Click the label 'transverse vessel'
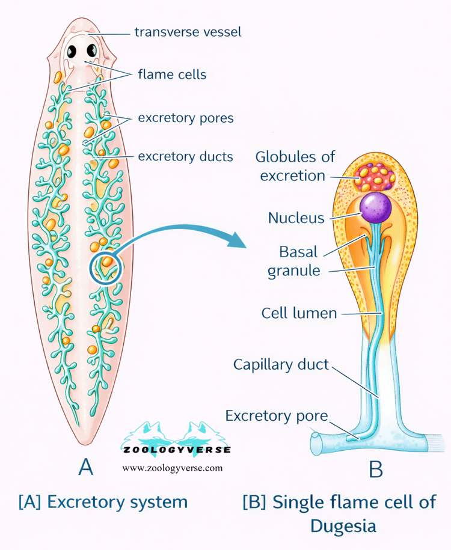click(x=188, y=31)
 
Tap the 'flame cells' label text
click(x=172, y=75)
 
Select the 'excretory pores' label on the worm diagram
click(x=186, y=118)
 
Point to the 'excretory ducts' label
click(x=186, y=157)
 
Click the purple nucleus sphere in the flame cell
click(x=375, y=208)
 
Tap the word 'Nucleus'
click(x=296, y=217)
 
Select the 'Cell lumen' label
click(x=299, y=313)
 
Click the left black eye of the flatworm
click(x=71, y=51)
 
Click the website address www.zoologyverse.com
click(x=173, y=468)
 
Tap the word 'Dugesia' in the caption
click(x=343, y=526)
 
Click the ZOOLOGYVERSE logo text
click(x=176, y=450)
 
